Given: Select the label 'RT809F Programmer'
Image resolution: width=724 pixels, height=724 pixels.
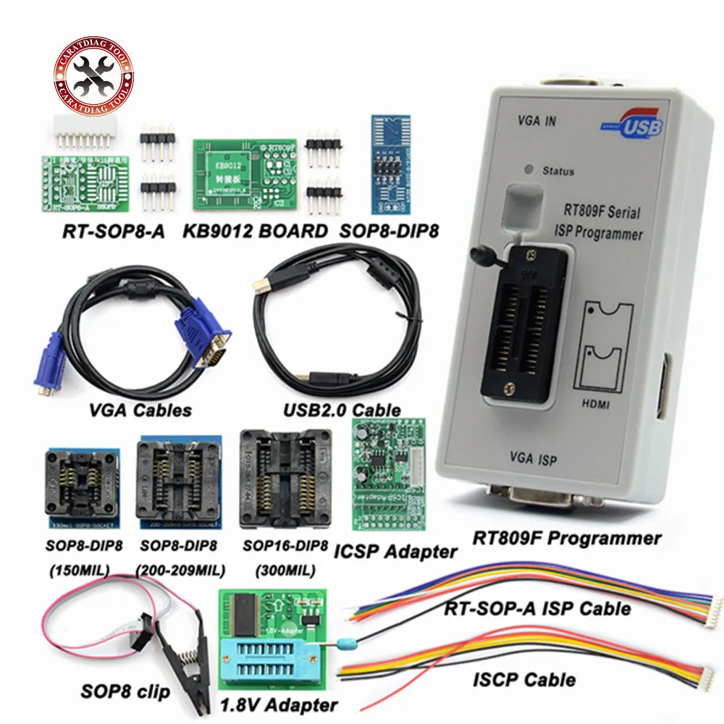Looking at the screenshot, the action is (x=567, y=539).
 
